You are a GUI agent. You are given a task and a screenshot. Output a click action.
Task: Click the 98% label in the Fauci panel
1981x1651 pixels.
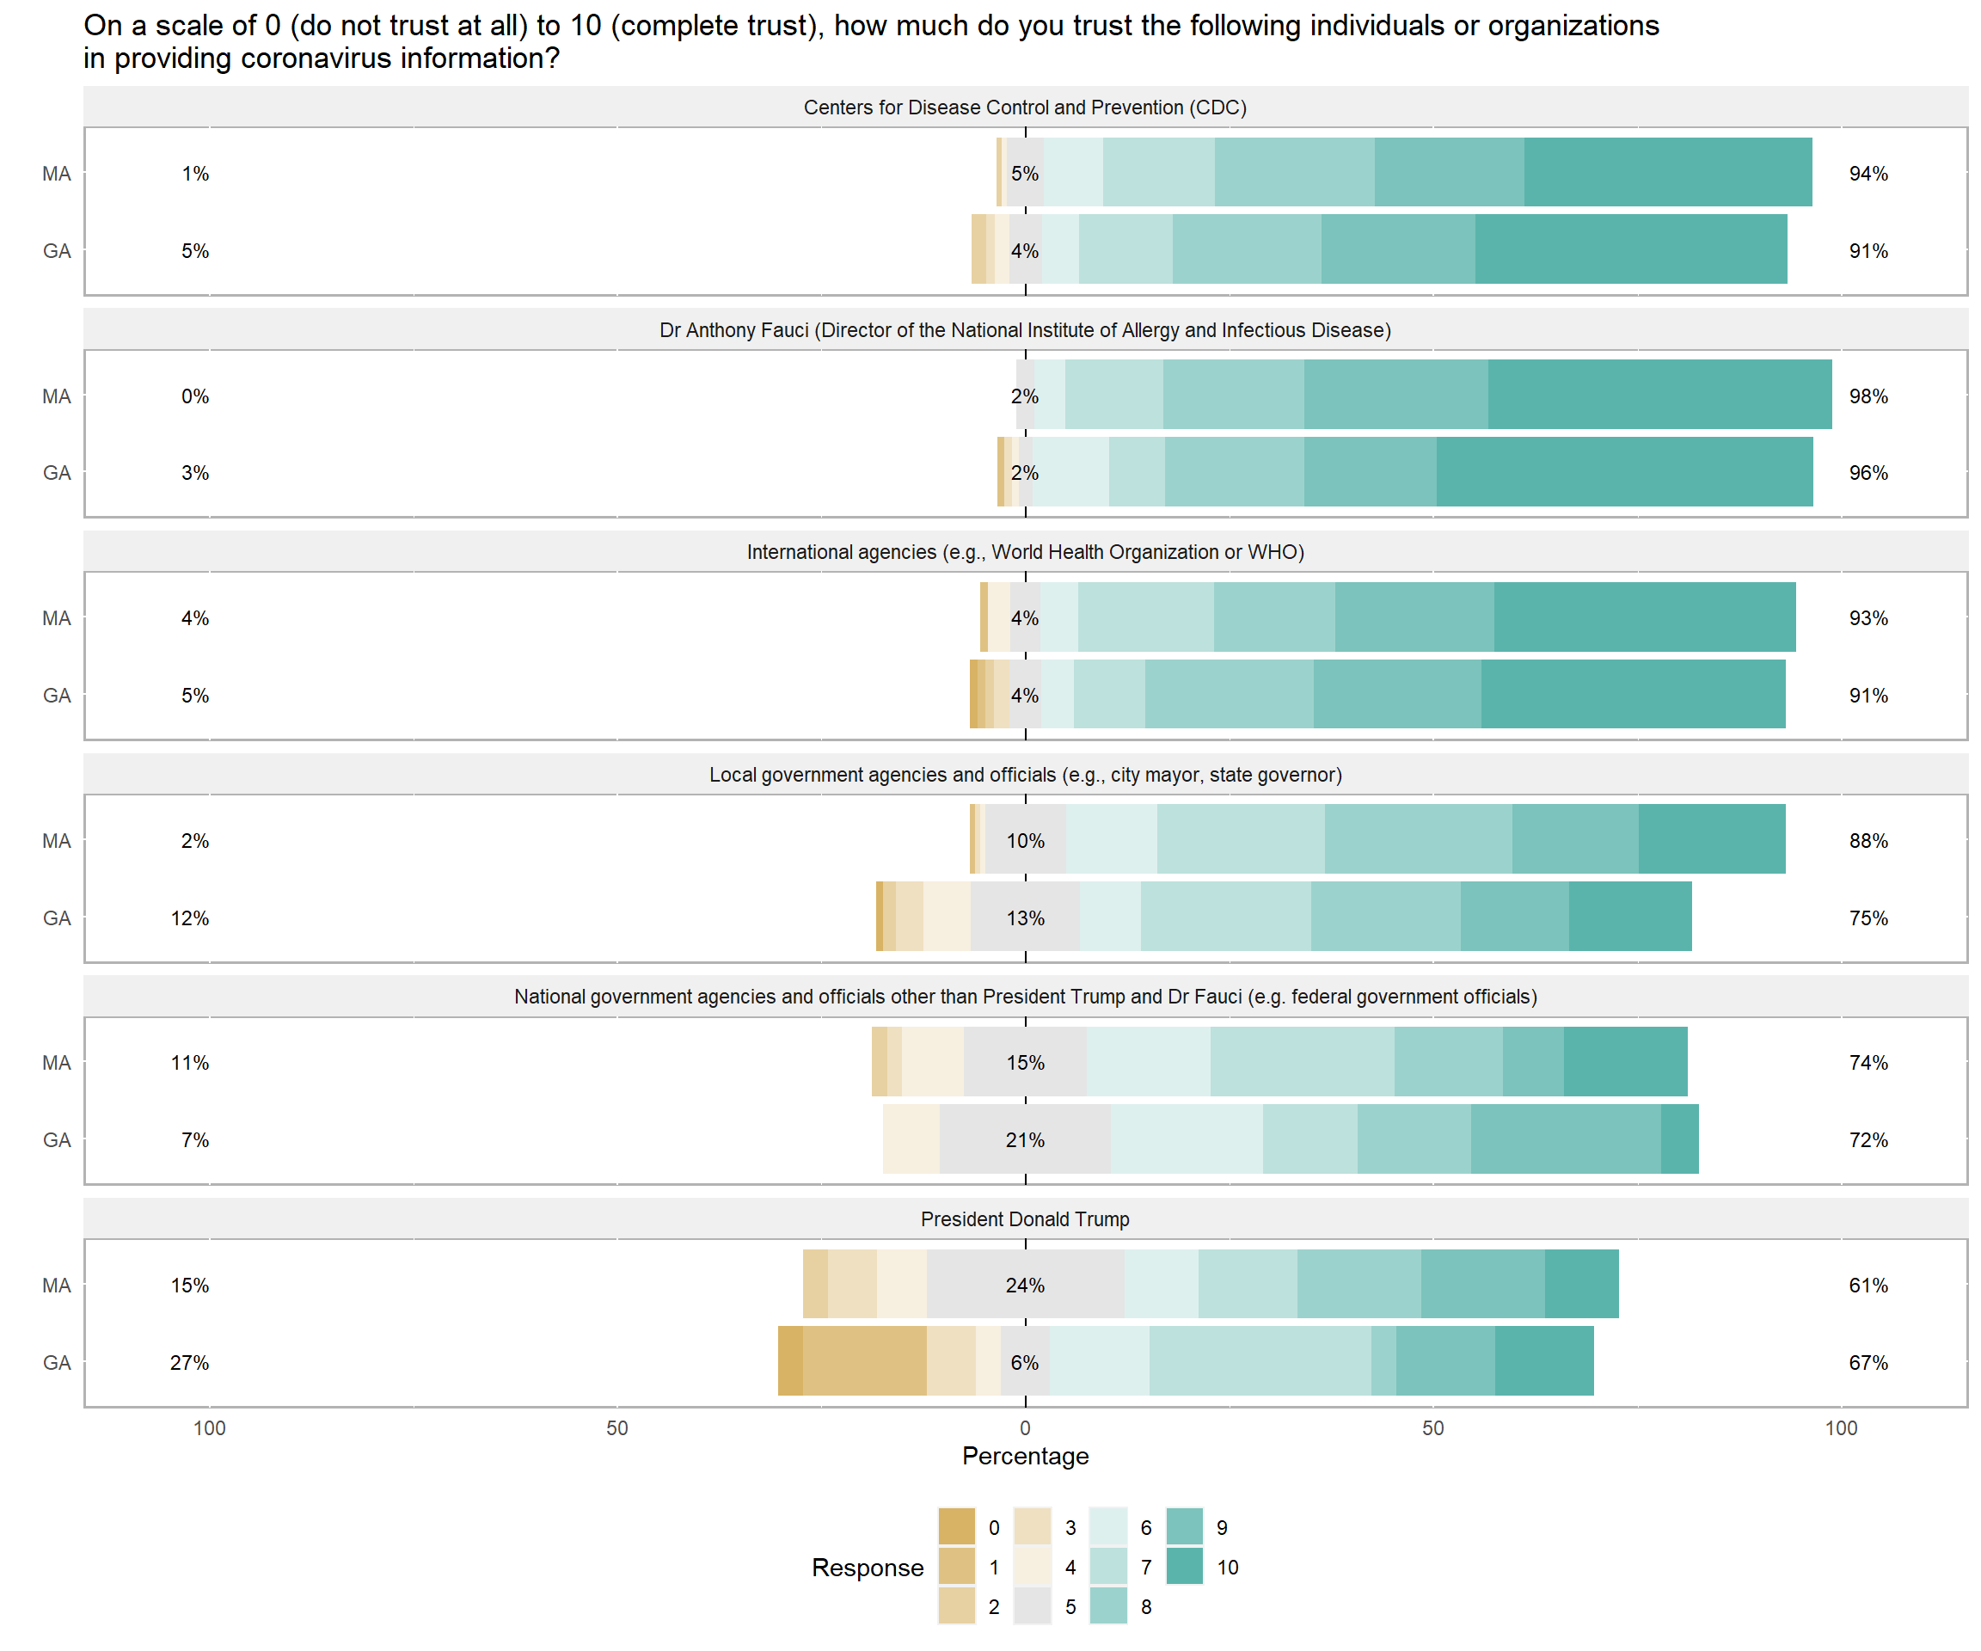point(1867,396)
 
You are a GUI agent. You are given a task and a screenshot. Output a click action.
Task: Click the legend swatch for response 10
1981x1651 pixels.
point(1185,1566)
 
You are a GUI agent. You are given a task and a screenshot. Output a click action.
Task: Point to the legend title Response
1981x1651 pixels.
point(867,1567)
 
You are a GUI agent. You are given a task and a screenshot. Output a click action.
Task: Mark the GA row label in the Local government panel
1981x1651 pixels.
point(57,918)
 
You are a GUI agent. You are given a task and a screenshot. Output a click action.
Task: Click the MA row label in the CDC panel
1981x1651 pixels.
point(57,174)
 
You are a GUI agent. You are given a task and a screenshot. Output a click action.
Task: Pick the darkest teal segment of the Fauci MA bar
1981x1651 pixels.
point(1659,395)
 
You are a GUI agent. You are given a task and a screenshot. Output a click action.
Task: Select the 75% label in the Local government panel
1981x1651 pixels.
point(1867,918)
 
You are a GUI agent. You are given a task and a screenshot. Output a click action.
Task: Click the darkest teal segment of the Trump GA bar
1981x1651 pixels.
point(1544,1360)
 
